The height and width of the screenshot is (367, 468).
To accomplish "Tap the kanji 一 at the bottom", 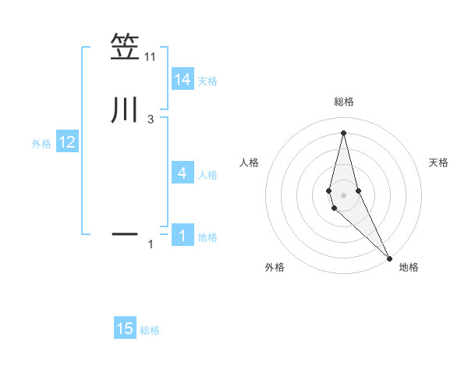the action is (125, 233).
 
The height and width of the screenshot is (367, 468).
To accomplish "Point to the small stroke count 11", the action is (151, 57).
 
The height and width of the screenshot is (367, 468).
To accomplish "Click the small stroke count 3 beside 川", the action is (151, 119).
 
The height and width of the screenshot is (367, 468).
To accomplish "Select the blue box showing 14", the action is (183, 80).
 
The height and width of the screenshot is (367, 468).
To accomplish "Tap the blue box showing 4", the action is (183, 173).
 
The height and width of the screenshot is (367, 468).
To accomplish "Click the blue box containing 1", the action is (183, 236).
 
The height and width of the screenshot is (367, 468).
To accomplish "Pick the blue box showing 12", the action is (67, 142).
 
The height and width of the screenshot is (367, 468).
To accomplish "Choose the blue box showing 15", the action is (125, 330).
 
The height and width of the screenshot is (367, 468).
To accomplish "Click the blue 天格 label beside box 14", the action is (207, 80).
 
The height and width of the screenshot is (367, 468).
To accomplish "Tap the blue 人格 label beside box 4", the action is (207, 174).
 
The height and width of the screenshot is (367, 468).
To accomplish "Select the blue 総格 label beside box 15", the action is (150, 330).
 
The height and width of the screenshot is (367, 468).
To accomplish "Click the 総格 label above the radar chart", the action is (344, 102).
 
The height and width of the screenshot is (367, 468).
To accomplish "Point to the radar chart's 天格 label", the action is (438, 162).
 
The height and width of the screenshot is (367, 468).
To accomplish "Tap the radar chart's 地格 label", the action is (409, 267).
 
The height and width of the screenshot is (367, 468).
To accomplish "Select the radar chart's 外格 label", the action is (275, 267).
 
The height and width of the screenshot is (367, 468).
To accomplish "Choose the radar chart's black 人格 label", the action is (249, 162).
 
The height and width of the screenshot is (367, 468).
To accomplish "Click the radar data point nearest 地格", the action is (389, 258).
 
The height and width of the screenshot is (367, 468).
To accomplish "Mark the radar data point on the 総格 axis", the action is (343, 132).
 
